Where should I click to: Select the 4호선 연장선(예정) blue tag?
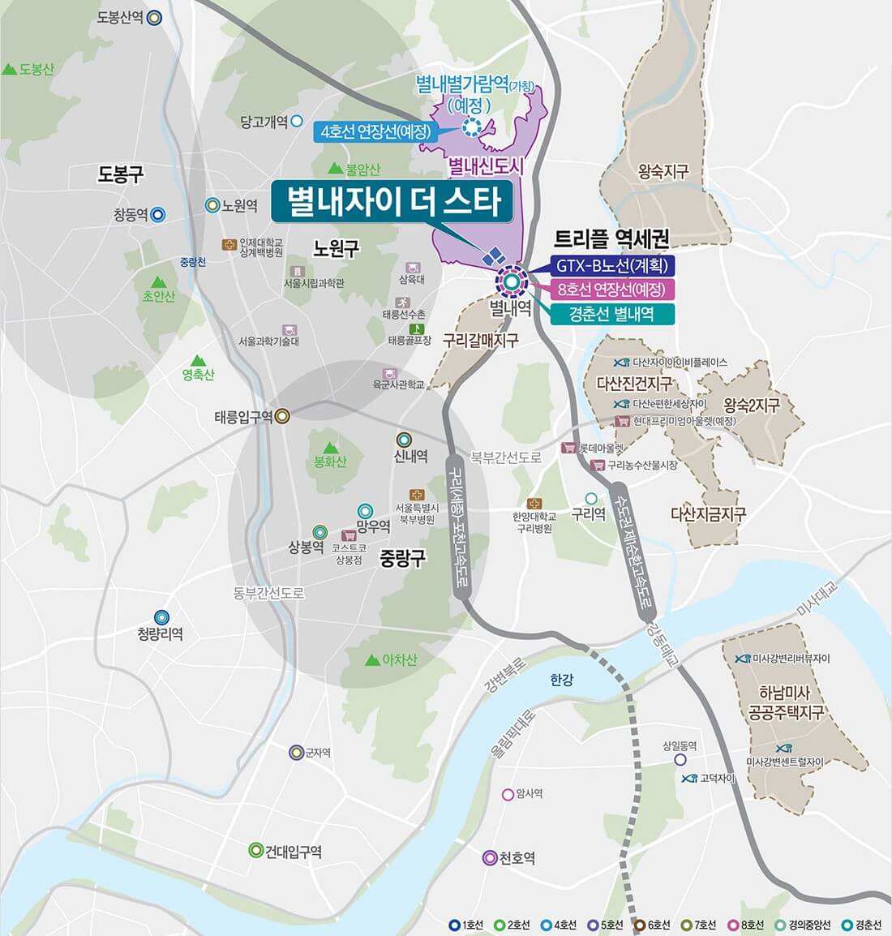375,131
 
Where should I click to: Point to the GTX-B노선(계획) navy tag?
611,265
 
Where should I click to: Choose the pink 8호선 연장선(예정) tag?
611,290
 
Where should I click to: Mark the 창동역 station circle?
158,215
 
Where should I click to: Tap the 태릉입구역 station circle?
282,416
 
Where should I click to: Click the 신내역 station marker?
403,440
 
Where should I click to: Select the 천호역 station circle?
489,857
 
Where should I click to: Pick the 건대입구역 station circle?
255,850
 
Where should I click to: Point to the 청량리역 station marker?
162,617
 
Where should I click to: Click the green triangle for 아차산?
371,659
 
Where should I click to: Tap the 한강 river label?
561,680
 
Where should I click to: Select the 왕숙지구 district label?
663,171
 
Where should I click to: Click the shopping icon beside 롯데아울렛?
568,448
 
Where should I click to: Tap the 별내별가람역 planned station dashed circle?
471,127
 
